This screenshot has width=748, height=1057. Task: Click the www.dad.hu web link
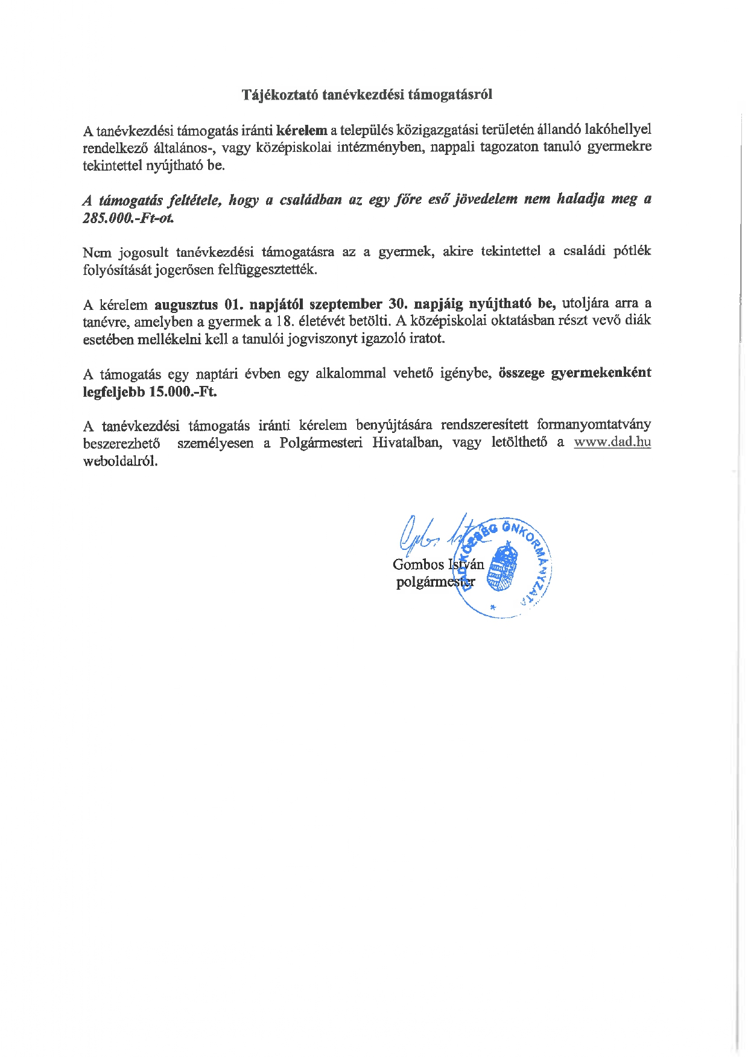[x=612, y=442]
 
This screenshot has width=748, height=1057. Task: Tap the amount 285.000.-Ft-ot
[x=128, y=218]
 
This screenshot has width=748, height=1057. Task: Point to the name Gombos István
[x=438, y=564]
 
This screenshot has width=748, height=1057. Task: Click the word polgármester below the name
[x=436, y=582]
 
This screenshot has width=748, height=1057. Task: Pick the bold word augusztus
[x=186, y=303]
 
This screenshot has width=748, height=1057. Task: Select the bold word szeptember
[x=346, y=303]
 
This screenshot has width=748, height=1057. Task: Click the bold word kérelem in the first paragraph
[x=302, y=130]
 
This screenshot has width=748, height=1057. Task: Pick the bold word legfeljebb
[x=113, y=391]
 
